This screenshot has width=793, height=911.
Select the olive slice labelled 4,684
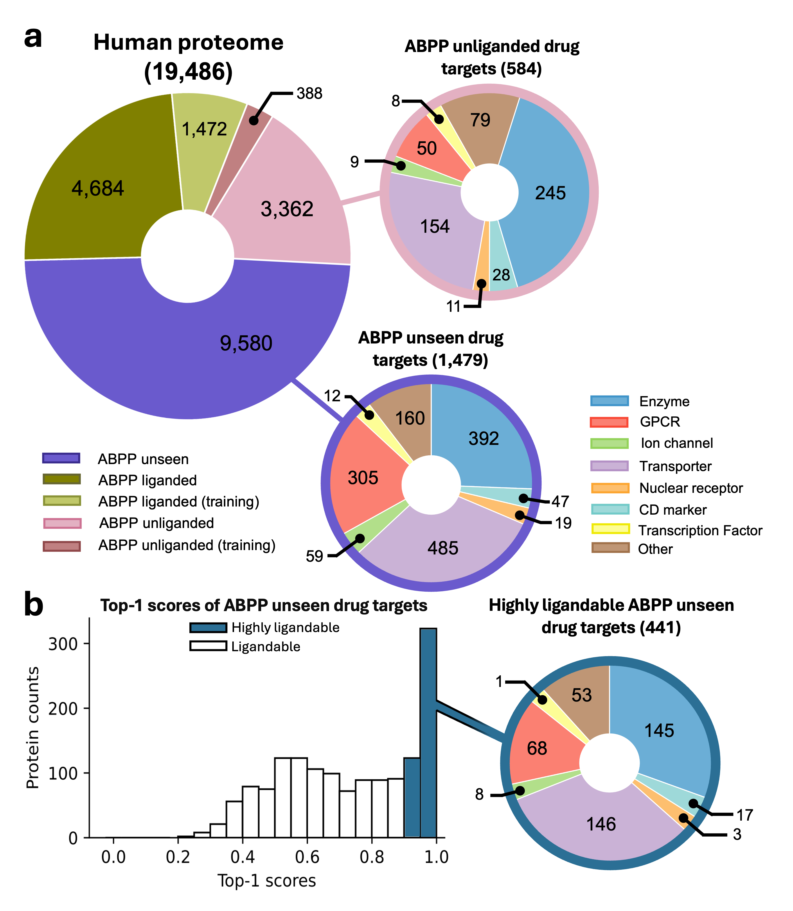click(x=98, y=189)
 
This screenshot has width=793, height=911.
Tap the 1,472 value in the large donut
click(x=204, y=129)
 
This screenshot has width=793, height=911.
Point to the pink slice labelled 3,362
click(x=287, y=209)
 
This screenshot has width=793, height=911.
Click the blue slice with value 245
click(x=550, y=193)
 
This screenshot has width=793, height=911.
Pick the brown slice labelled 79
click(x=480, y=120)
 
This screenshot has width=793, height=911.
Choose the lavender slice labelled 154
click(x=435, y=227)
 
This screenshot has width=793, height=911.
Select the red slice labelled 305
click(x=363, y=478)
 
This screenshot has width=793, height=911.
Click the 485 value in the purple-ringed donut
click(x=443, y=548)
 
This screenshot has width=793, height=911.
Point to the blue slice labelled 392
click(x=484, y=439)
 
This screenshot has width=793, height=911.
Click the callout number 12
click(x=332, y=396)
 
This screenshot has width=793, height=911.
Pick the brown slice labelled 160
click(x=410, y=418)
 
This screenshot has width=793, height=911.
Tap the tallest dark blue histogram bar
click(x=428, y=731)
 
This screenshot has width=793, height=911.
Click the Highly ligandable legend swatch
click(x=208, y=628)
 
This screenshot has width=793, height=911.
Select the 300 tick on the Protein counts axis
click(x=63, y=644)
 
